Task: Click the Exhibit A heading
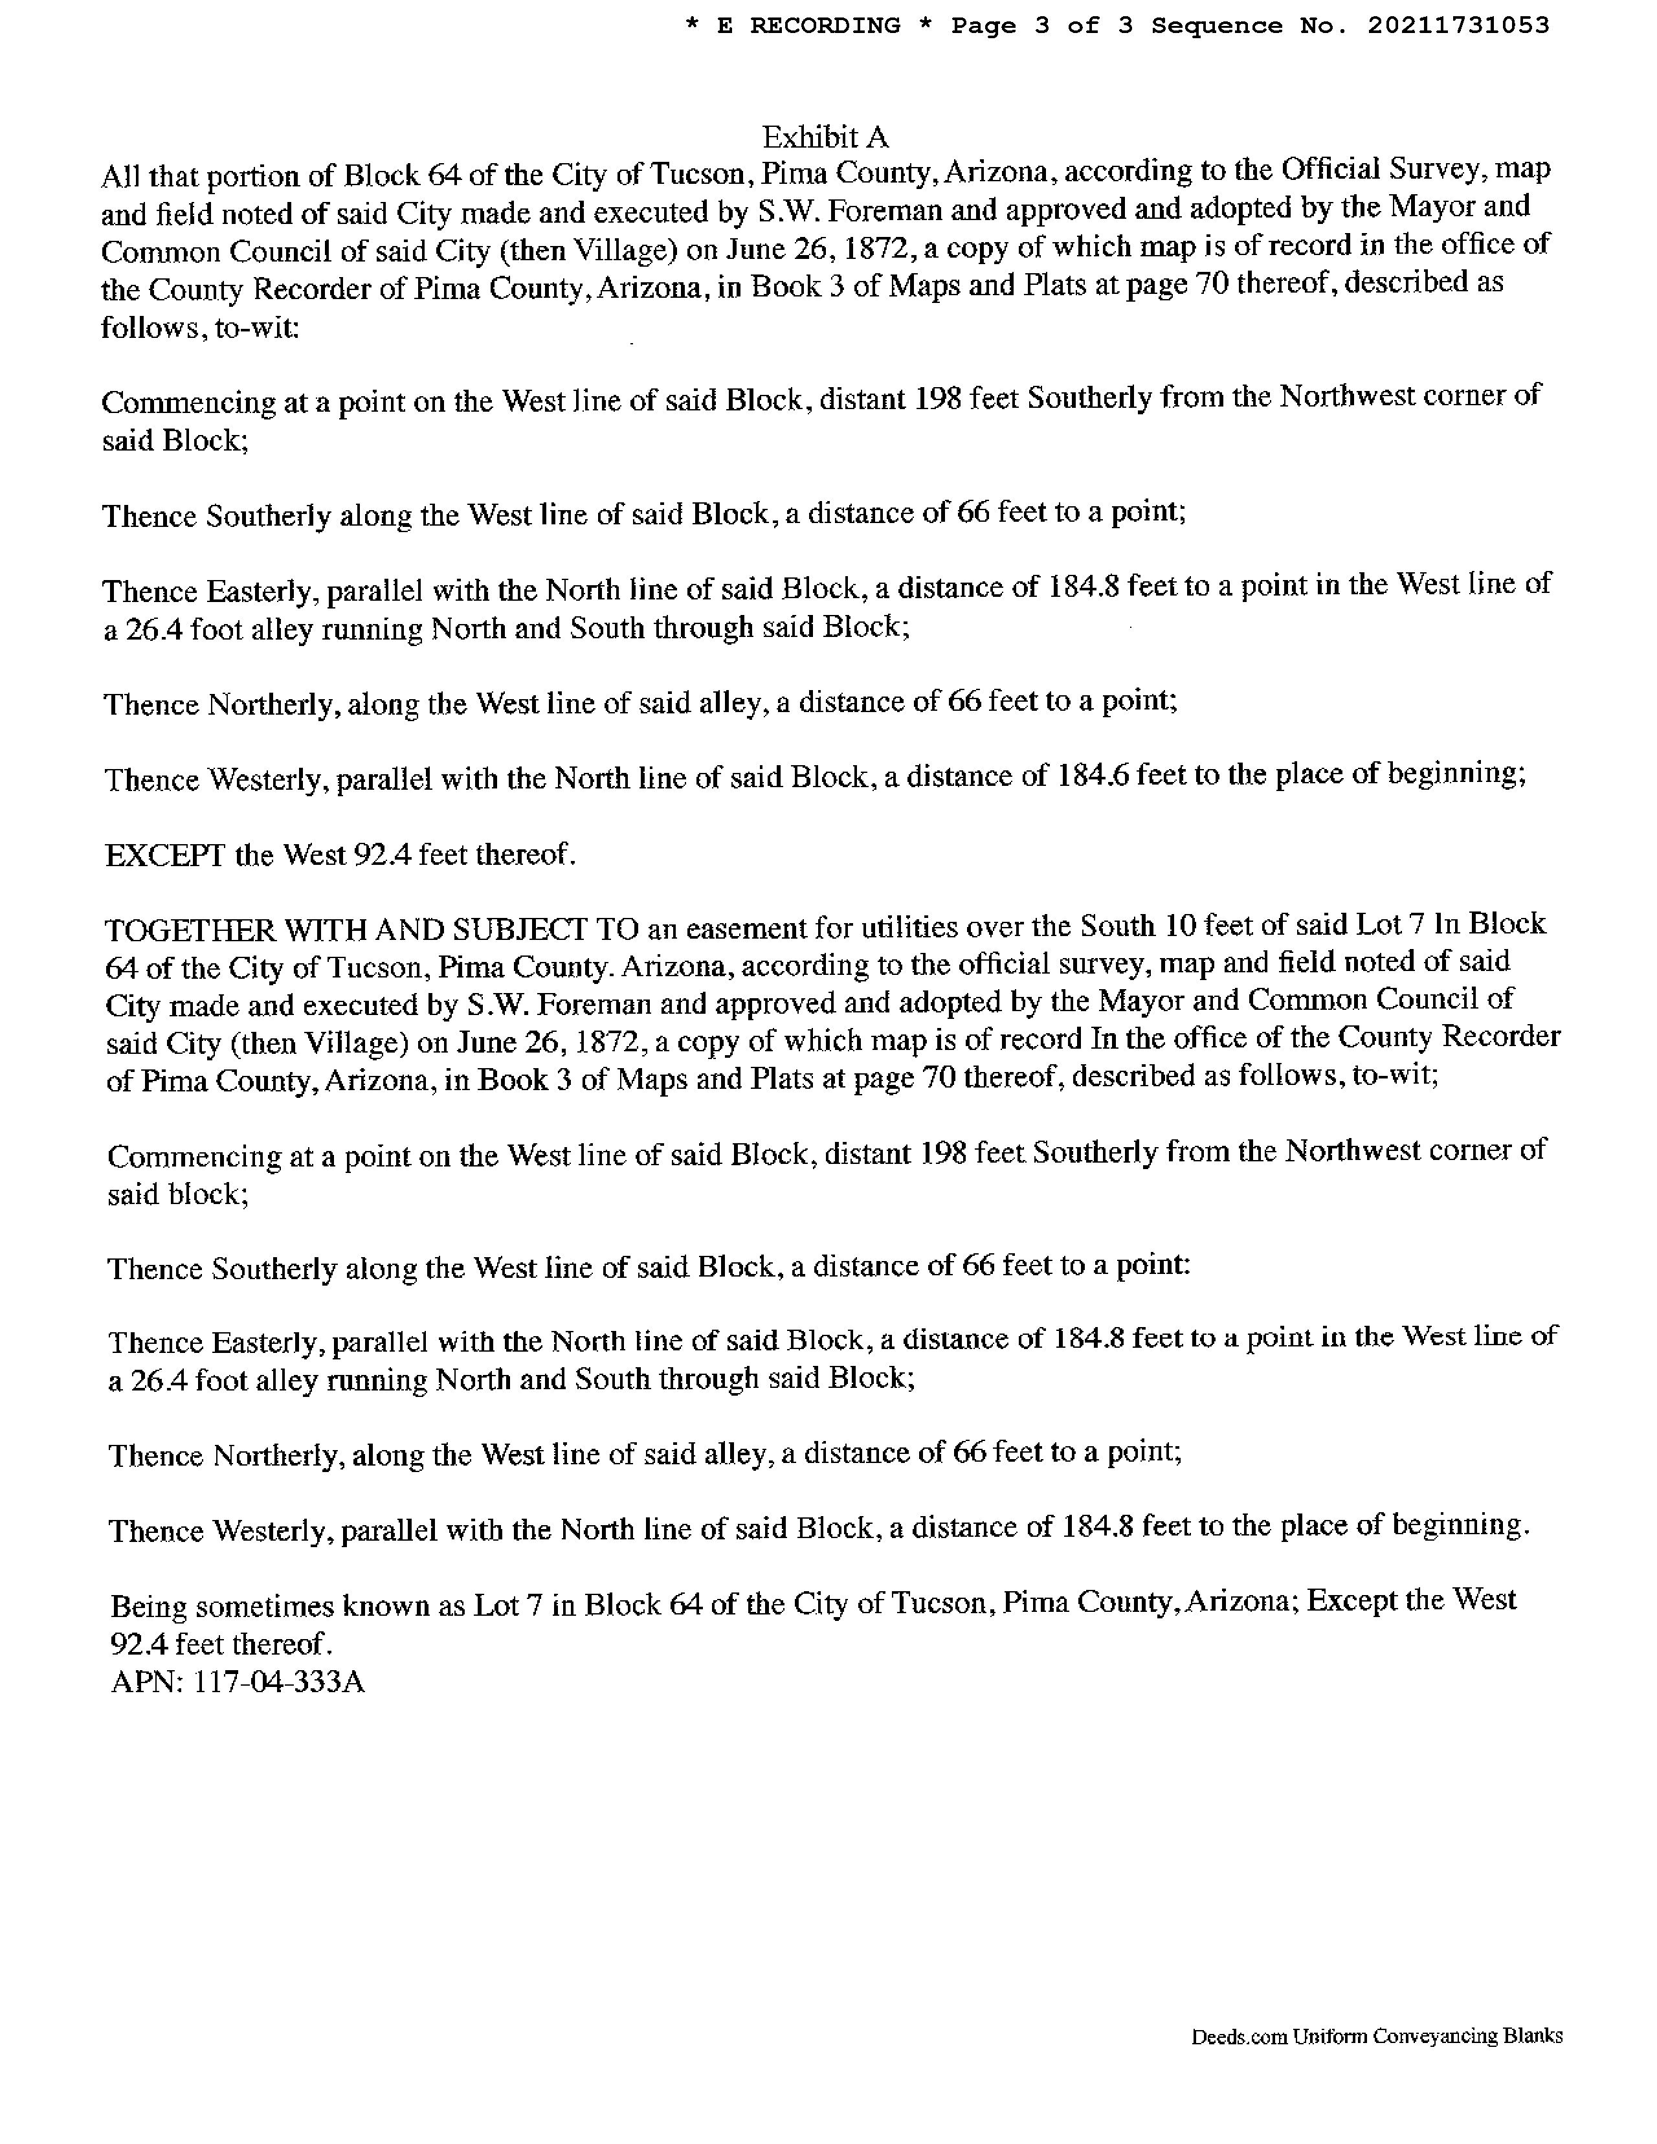pyautogui.click(x=825, y=137)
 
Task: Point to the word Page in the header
pyautogui.click(x=983, y=25)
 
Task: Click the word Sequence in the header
pyautogui.click(x=1216, y=25)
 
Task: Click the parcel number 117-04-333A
pyautogui.click(x=279, y=1682)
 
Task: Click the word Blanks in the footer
pyautogui.click(x=1533, y=2036)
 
